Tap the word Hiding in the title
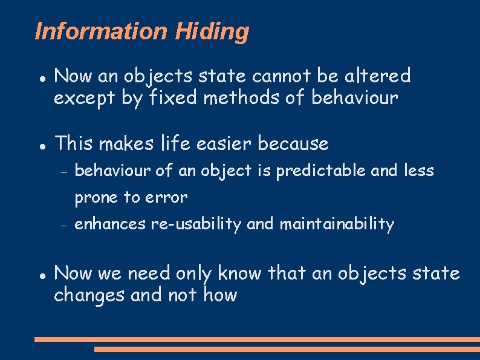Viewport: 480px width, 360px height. (x=212, y=31)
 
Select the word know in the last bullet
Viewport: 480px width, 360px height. (x=240, y=273)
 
